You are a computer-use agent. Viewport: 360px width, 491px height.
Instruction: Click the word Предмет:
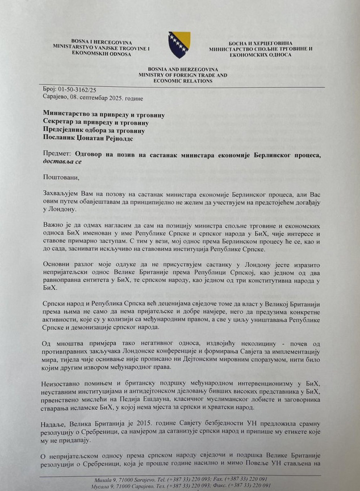point(57,154)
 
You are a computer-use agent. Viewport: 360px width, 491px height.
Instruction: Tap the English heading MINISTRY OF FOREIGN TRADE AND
point(179,74)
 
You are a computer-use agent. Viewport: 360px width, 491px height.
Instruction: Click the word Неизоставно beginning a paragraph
point(68,384)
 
